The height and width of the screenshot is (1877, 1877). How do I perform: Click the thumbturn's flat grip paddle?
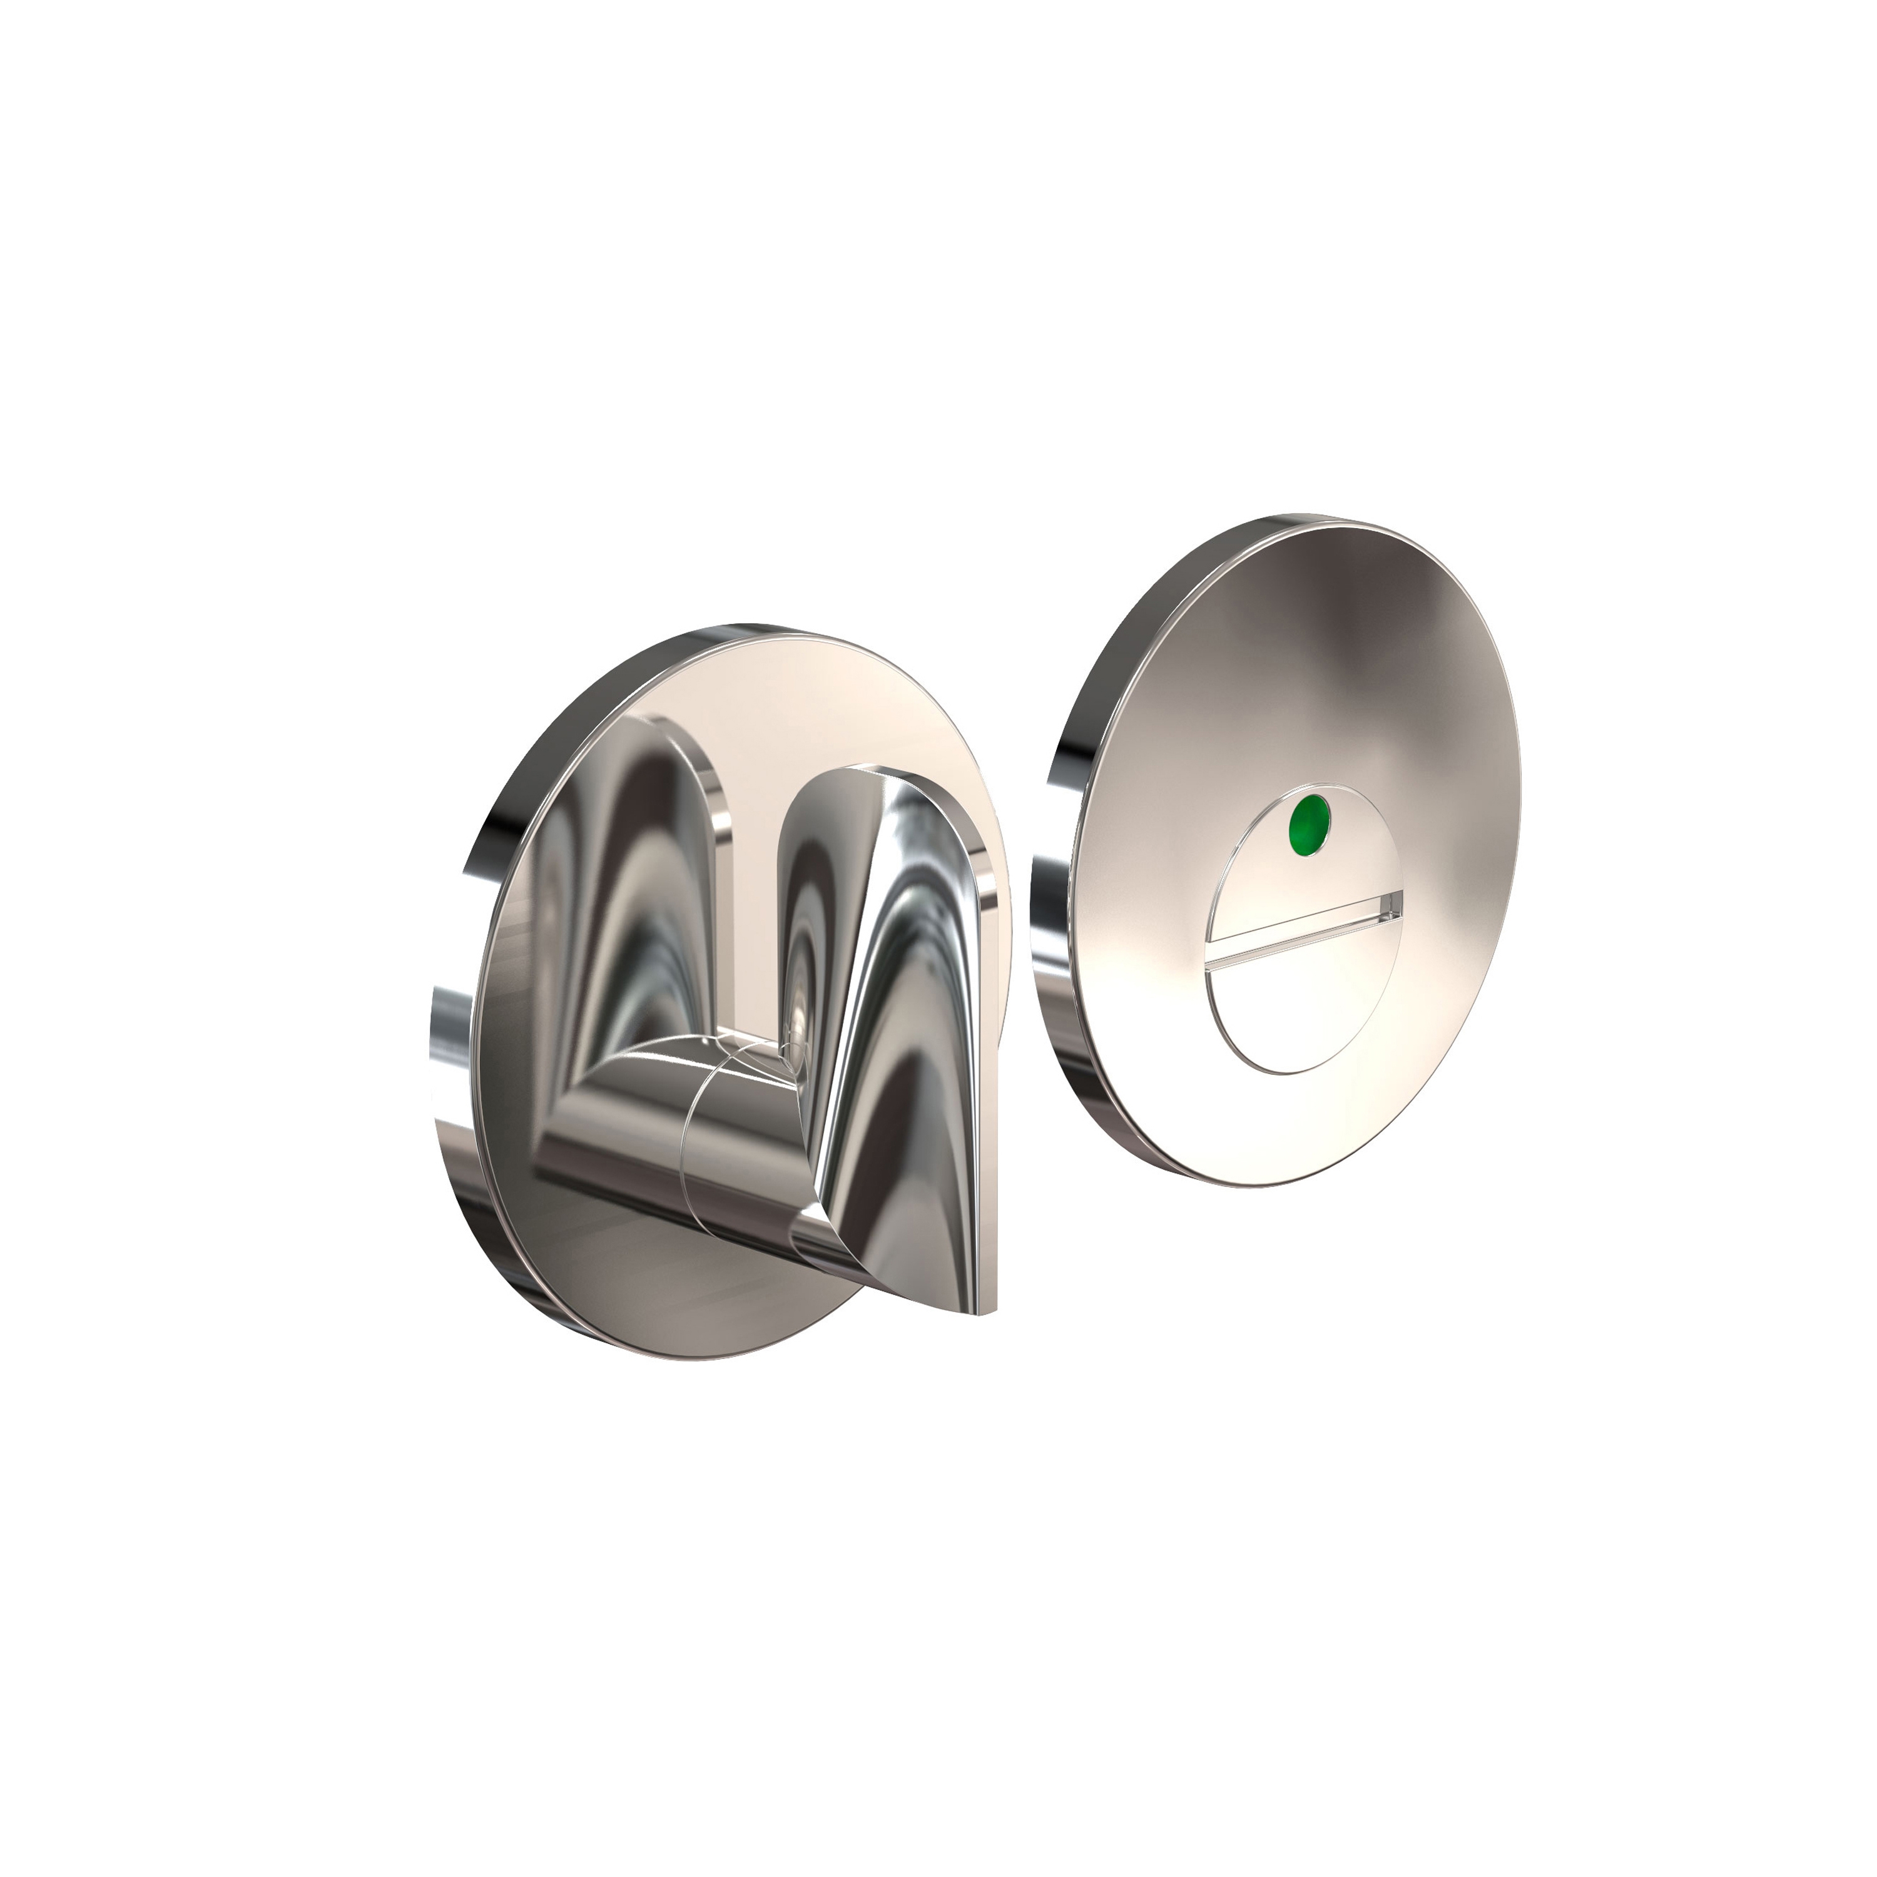(x=903, y=972)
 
